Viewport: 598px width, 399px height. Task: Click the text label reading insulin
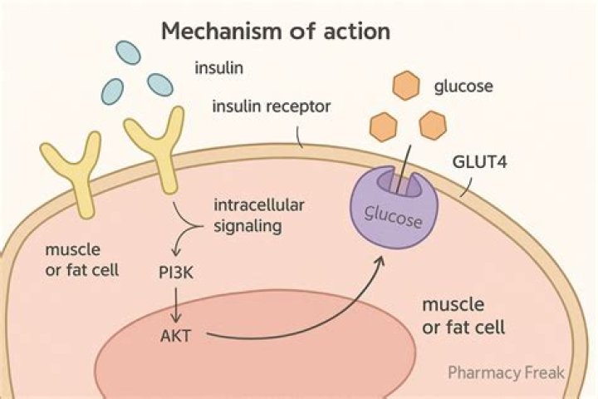coord(218,67)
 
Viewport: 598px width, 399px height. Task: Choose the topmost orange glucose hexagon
coord(405,85)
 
